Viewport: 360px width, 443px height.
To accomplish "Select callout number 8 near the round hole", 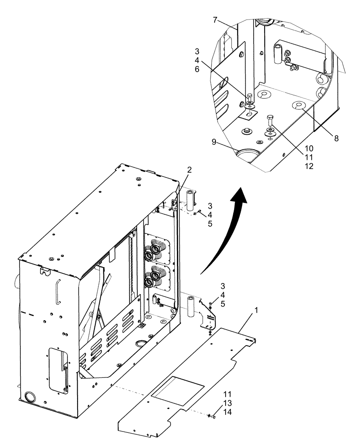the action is point(337,138).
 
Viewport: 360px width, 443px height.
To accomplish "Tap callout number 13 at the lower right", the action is point(227,403).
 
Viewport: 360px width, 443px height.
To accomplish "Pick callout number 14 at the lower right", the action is point(227,412).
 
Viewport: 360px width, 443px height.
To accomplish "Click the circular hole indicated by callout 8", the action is point(297,105).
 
